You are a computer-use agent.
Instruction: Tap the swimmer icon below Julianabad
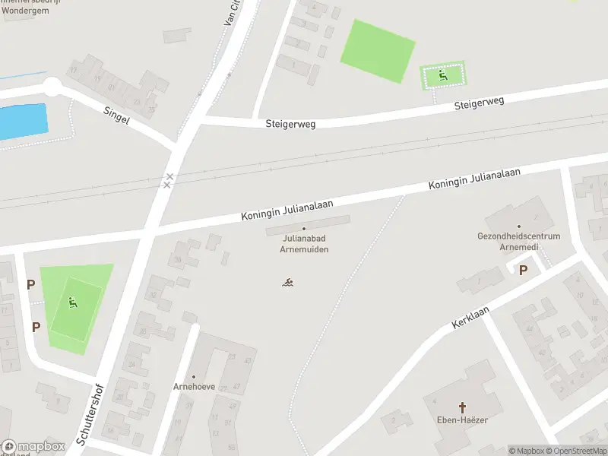click(288, 283)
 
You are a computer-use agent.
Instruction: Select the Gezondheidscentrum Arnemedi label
click(519, 241)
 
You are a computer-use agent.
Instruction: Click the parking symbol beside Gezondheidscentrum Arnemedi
click(522, 270)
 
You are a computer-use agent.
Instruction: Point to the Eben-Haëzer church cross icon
click(462, 407)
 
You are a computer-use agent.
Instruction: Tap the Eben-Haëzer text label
click(462, 420)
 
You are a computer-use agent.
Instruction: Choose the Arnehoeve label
click(194, 387)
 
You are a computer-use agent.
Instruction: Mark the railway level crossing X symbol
click(168, 181)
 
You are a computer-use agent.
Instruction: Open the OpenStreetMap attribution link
click(576, 451)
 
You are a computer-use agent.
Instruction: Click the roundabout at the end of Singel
click(52, 86)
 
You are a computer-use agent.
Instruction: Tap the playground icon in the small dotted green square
click(443, 75)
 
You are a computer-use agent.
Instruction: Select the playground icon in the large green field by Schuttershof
click(73, 303)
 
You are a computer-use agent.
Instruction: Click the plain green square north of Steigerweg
click(378, 51)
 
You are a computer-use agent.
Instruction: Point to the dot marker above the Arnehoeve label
click(194, 377)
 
